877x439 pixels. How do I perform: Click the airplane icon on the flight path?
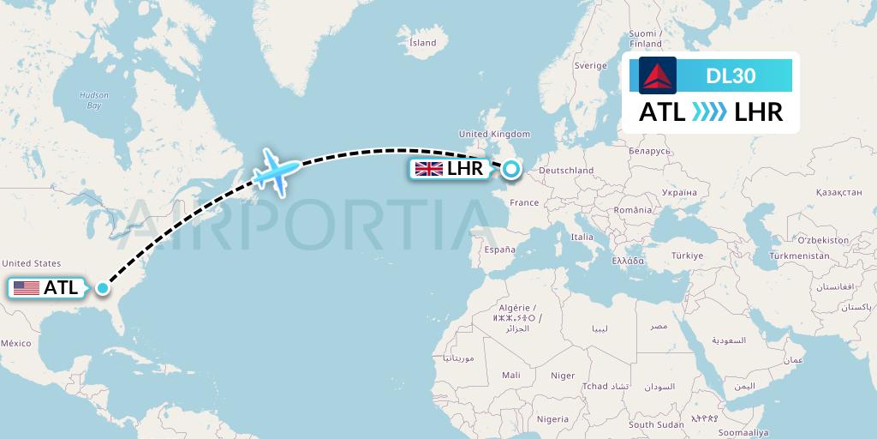point(277,171)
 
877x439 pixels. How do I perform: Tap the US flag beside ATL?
point(27,288)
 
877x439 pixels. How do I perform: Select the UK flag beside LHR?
point(428,168)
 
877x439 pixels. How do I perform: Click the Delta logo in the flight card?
point(658,75)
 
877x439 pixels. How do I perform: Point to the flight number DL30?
point(731,75)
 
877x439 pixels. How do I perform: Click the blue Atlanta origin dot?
point(103,288)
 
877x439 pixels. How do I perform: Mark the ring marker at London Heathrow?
point(510,169)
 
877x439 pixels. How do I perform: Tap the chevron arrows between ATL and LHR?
point(709,112)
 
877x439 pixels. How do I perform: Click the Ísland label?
point(422,43)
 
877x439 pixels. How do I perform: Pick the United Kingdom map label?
point(494,135)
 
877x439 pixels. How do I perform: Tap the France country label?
point(524,203)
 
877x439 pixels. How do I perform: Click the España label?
point(500,250)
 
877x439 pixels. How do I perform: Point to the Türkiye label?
point(687,256)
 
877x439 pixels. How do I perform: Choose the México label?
point(15,343)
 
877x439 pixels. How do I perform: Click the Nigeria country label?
point(552,419)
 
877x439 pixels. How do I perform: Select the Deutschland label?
point(567,171)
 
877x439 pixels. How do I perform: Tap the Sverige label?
point(590,65)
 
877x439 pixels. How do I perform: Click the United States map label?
point(32,263)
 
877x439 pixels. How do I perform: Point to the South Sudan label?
point(656,424)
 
